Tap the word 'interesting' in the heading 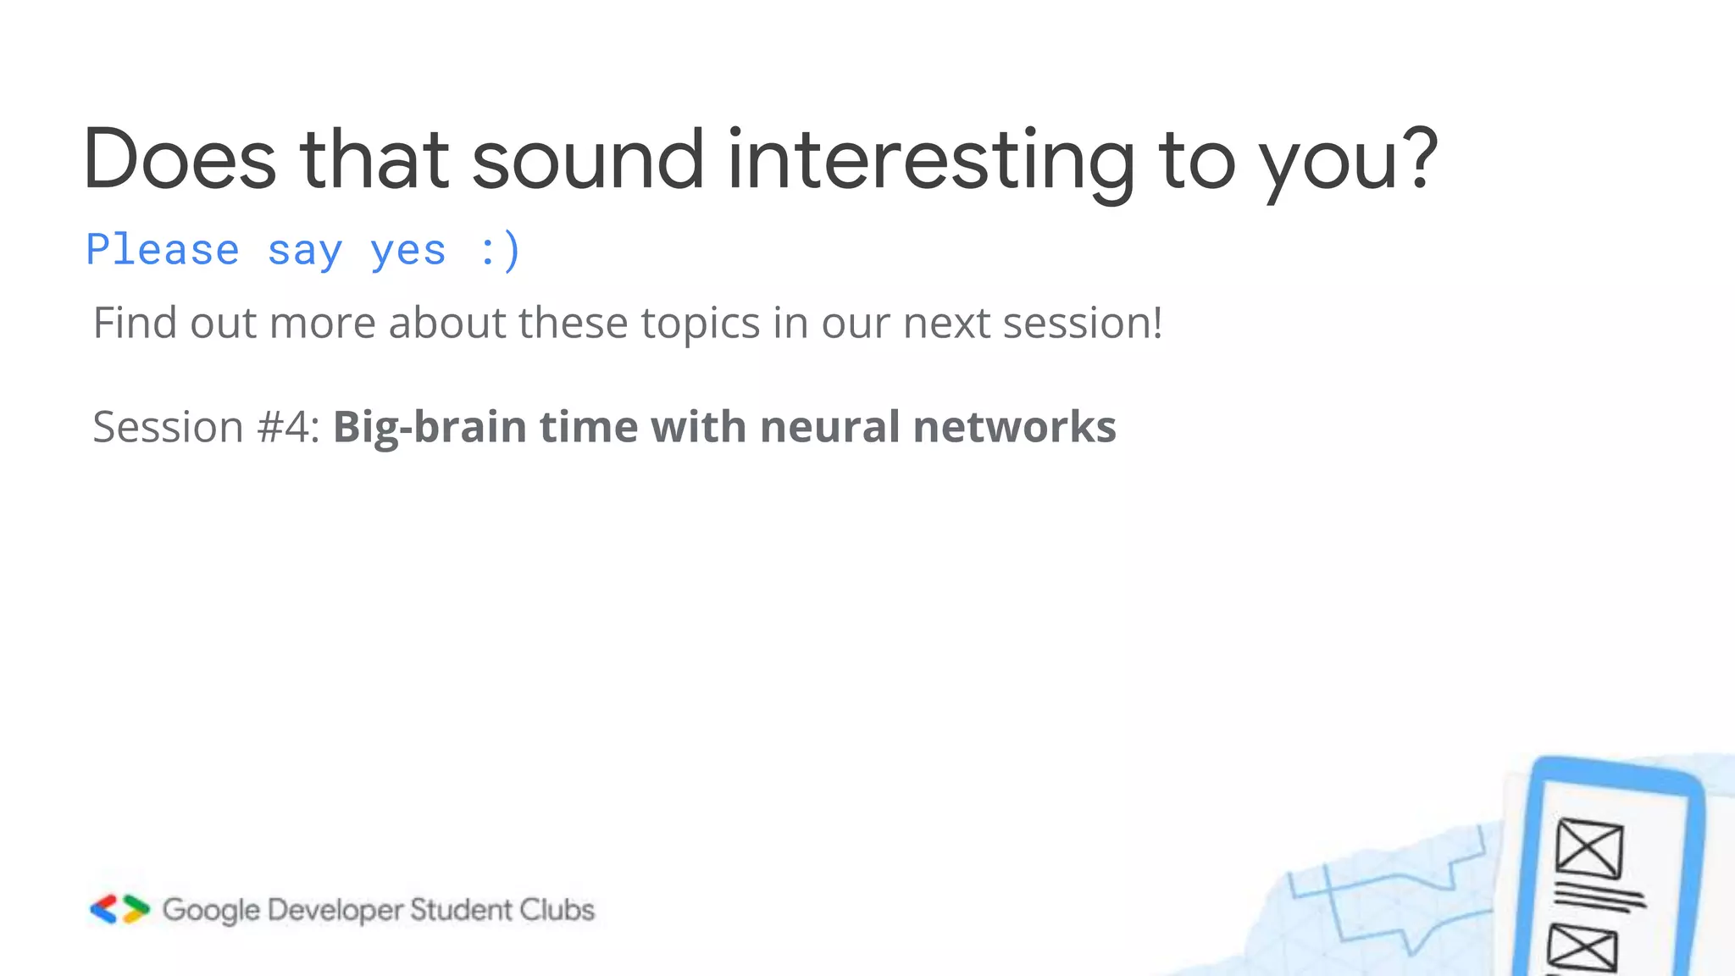coord(930,159)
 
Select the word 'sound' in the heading coord(587,159)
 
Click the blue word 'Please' coord(163,250)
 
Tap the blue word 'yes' coord(407,252)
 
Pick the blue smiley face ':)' coord(499,251)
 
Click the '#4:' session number coord(289,426)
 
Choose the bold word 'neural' coord(829,426)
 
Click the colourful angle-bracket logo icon coord(119,909)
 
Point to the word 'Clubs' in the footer coord(557,909)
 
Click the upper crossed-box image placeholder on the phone coord(1589,848)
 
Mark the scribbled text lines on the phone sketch coord(1599,897)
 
